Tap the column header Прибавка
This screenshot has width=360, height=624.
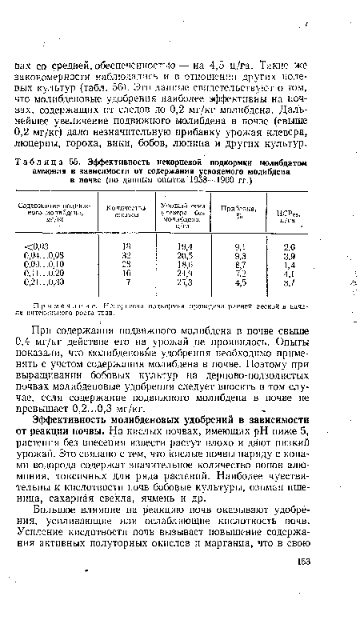(251, 210)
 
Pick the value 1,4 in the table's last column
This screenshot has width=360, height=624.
(313, 266)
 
